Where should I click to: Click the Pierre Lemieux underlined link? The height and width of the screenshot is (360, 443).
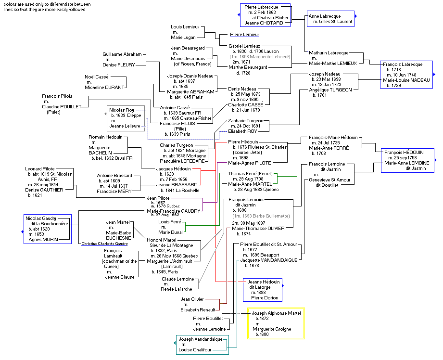[x=244, y=35]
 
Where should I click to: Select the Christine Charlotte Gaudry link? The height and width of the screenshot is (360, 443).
[x=104, y=244]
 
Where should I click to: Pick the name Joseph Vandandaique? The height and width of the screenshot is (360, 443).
[x=201, y=339]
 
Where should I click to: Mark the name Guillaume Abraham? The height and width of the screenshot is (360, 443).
[x=122, y=54]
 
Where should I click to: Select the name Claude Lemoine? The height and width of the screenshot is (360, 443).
[x=177, y=279]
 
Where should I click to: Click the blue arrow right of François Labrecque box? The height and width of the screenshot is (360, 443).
[x=435, y=75]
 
